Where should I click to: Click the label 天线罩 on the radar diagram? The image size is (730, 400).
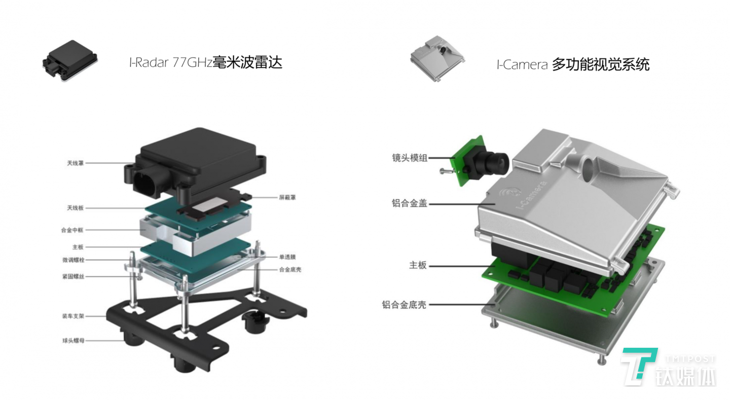pyautogui.click(x=75, y=163)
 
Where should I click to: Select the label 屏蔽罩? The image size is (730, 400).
pyautogui.click(x=286, y=197)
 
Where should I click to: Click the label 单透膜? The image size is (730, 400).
pyautogui.click(x=287, y=257)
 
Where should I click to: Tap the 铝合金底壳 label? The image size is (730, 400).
pyautogui.click(x=404, y=305)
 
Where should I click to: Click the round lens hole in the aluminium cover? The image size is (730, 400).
pyautogui.click(x=589, y=167)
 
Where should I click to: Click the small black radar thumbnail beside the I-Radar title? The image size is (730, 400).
pyautogui.click(x=69, y=61)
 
